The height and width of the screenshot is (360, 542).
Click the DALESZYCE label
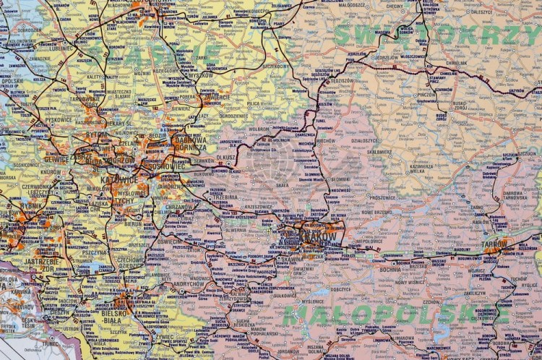pos(481,12)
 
